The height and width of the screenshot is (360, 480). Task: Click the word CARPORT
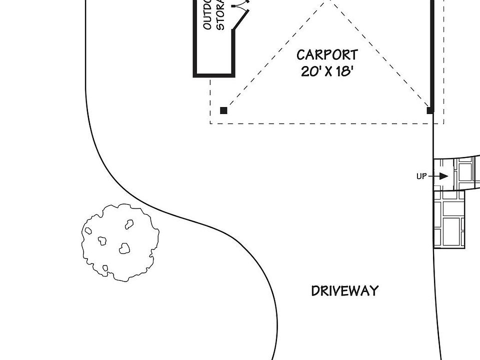click(327, 54)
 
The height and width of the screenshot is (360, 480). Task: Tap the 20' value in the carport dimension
click(310, 71)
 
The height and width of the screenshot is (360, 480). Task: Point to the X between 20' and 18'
click(328, 71)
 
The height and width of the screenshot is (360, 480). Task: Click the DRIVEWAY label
click(344, 291)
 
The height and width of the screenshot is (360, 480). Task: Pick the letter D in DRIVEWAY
click(315, 291)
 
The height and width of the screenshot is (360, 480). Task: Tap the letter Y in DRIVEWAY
click(373, 291)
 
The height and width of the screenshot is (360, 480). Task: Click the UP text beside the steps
click(421, 176)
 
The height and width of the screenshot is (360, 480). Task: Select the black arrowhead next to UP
click(443, 176)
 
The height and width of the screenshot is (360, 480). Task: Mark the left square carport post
click(224, 110)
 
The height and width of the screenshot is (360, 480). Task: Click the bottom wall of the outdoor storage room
click(214, 75)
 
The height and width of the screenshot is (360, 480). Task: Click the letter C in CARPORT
click(301, 54)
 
